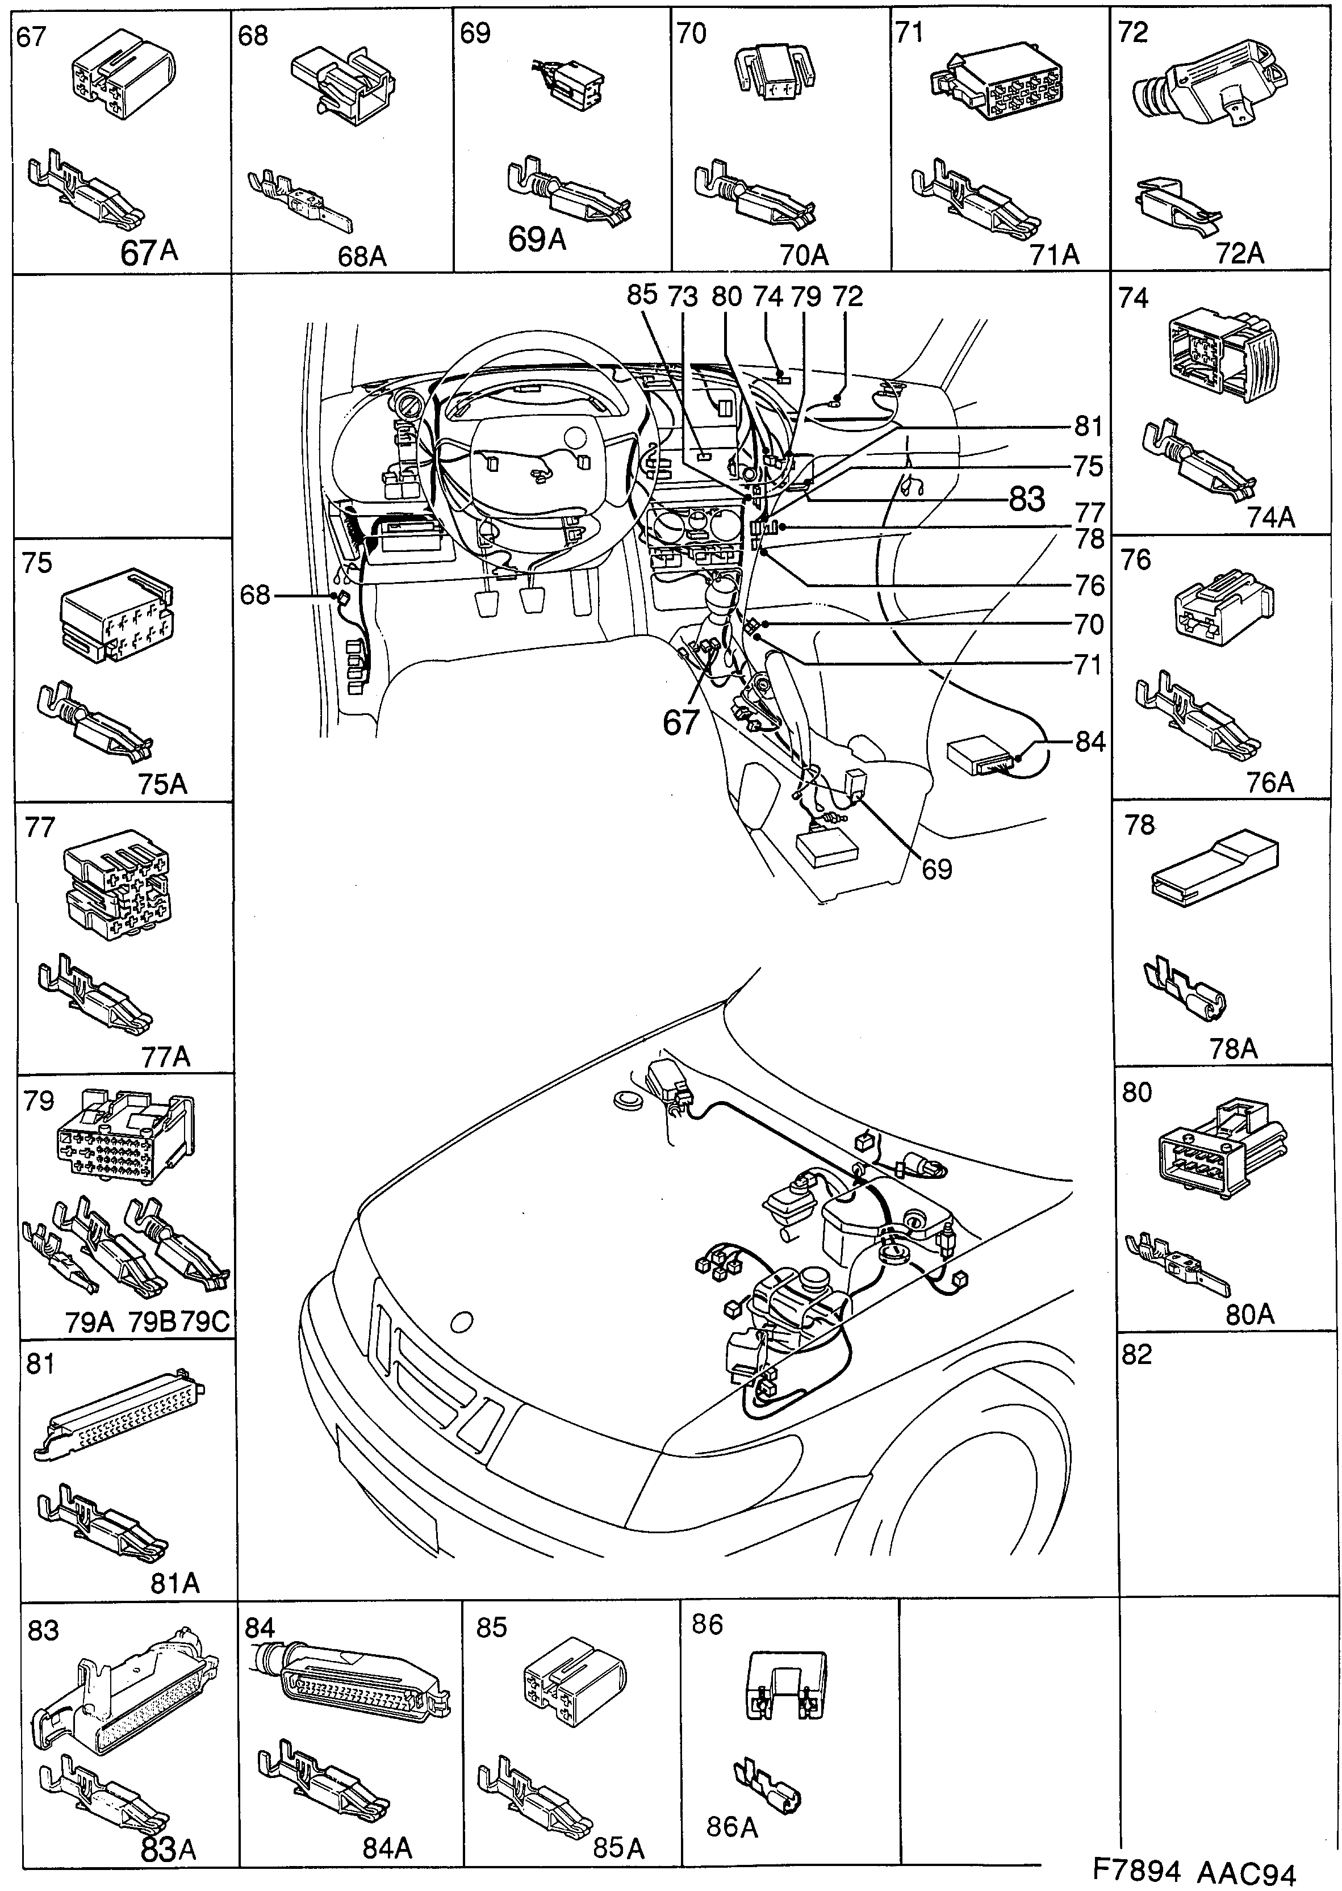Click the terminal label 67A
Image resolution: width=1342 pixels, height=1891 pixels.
click(x=149, y=253)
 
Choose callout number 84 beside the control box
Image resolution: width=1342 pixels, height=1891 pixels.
click(x=1090, y=742)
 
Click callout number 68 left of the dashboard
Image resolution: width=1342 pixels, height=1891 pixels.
click(x=256, y=594)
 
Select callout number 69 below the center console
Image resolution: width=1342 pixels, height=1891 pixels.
click(x=937, y=869)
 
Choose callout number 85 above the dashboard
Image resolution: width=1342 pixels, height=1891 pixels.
click(x=641, y=295)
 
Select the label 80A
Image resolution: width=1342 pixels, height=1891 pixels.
click(x=1249, y=1315)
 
